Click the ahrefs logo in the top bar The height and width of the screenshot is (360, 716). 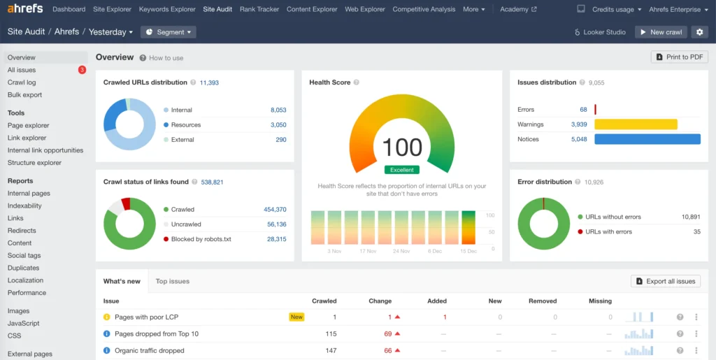(x=25, y=9)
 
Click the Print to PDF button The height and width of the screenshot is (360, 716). (x=679, y=57)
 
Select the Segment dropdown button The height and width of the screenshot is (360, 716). (x=168, y=32)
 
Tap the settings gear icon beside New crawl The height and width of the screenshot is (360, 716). (x=699, y=32)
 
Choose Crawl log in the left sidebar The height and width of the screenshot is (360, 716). (x=22, y=82)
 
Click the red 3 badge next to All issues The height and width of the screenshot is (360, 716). (x=82, y=70)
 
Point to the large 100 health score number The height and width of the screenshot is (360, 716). (x=402, y=147)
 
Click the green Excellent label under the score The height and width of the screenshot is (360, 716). (x=402, y=170)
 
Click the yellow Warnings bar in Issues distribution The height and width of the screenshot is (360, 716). (x=636, y=124)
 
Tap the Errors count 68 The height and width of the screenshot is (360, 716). (x=583, y=110)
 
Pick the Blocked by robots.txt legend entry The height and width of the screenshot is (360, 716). (x=201, y=239)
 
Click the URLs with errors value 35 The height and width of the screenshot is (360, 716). (x=696, y=231)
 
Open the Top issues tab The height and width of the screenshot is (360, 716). (x=172, y=281)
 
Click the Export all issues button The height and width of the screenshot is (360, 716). (x=665, y=281)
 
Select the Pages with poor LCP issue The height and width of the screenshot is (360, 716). (x=146, y=317)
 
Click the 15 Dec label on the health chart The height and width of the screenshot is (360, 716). (x=468, y=251)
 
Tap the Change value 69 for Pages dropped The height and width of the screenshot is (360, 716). (x=387, y=334)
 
